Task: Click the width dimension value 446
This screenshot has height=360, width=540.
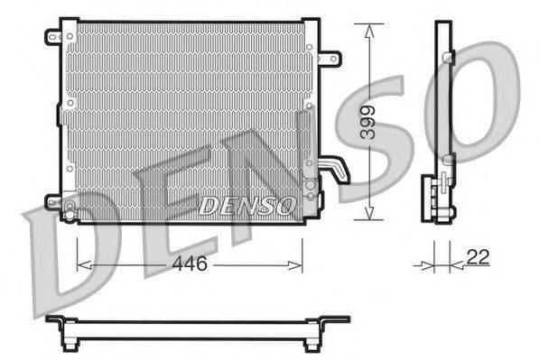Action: pos(190,264)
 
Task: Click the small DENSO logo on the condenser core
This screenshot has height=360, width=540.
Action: pos(247,205)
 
